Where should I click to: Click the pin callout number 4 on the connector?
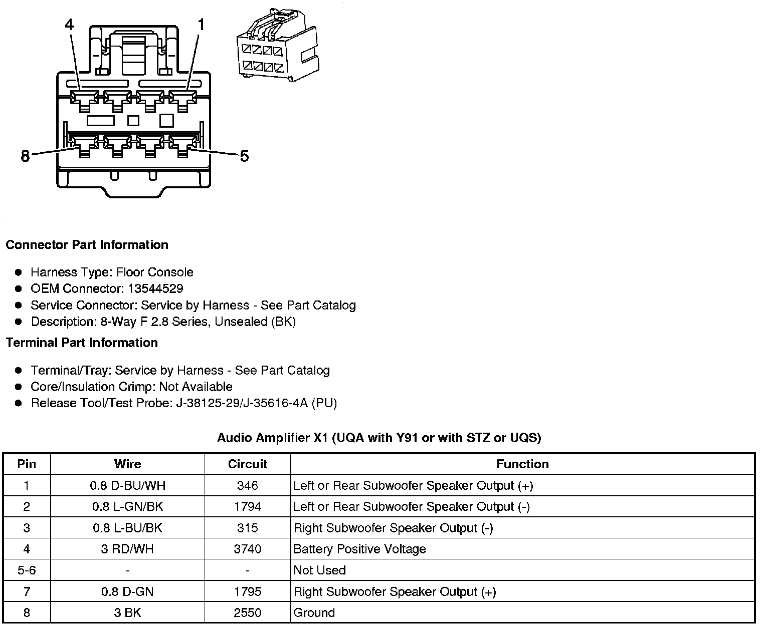coord(70,25)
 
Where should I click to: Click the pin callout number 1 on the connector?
coord(201,25)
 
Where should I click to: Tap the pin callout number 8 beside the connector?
coord(26,156)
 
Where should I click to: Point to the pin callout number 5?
coord(244,156)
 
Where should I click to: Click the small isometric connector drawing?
coord(277,45)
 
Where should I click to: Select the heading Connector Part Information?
coord(87,245)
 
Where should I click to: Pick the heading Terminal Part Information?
coord(82,343)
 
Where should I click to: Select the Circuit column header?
coord(248,464)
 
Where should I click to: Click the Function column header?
coord(522,464)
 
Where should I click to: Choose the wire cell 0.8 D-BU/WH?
coord(127,485)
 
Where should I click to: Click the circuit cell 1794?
coord(248,506)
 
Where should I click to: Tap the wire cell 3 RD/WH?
coord(127,549)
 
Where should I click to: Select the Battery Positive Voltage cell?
coord(359,549)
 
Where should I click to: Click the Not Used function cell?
coord(319,570)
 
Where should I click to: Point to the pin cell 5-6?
coord(27,570)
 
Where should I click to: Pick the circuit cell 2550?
coord(248,612)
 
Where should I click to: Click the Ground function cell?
coord(314,612)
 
